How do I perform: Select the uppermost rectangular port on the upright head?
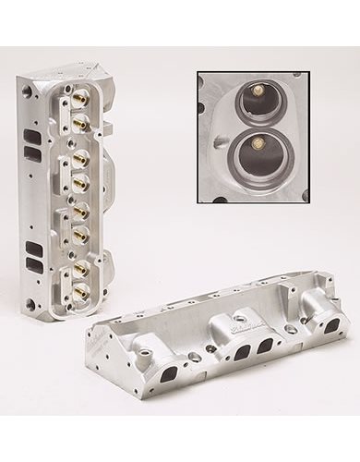[x=32, y=131]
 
